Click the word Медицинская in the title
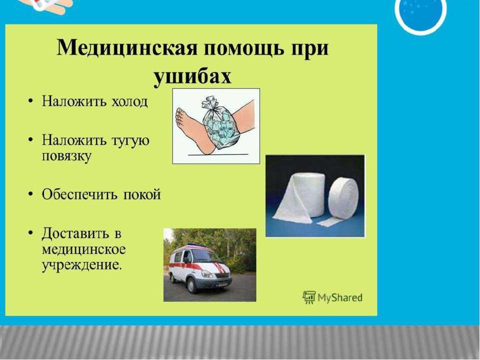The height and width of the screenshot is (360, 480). pyautogui.click(x=126, y=48)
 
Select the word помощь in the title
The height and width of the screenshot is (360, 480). pyautogui.click(x=243, y=48)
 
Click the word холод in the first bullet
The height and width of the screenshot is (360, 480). pyautogui.click(x=129, y=101)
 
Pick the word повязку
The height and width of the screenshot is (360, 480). pyautogui.click(x=66, y=156)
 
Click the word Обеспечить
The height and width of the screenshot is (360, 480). pyautogui.click(x=79, y=194)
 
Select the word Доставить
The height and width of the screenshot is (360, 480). pyautogui.click(x=75, y=233)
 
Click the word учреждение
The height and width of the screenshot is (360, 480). pyautogui.click(x=81, y=264)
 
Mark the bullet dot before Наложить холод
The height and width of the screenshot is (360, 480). pyautogui.click(x=30, y=100)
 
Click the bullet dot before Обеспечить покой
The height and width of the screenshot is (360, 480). pyautogui.click(x=30, y=194)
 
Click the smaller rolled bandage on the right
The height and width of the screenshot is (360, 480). pyautogui.click(x=343, y=198)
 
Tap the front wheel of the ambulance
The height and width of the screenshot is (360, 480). pyautogui.click(x=192, y=285)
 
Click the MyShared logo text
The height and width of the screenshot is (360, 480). pyautogui.click(x=340, y=297)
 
